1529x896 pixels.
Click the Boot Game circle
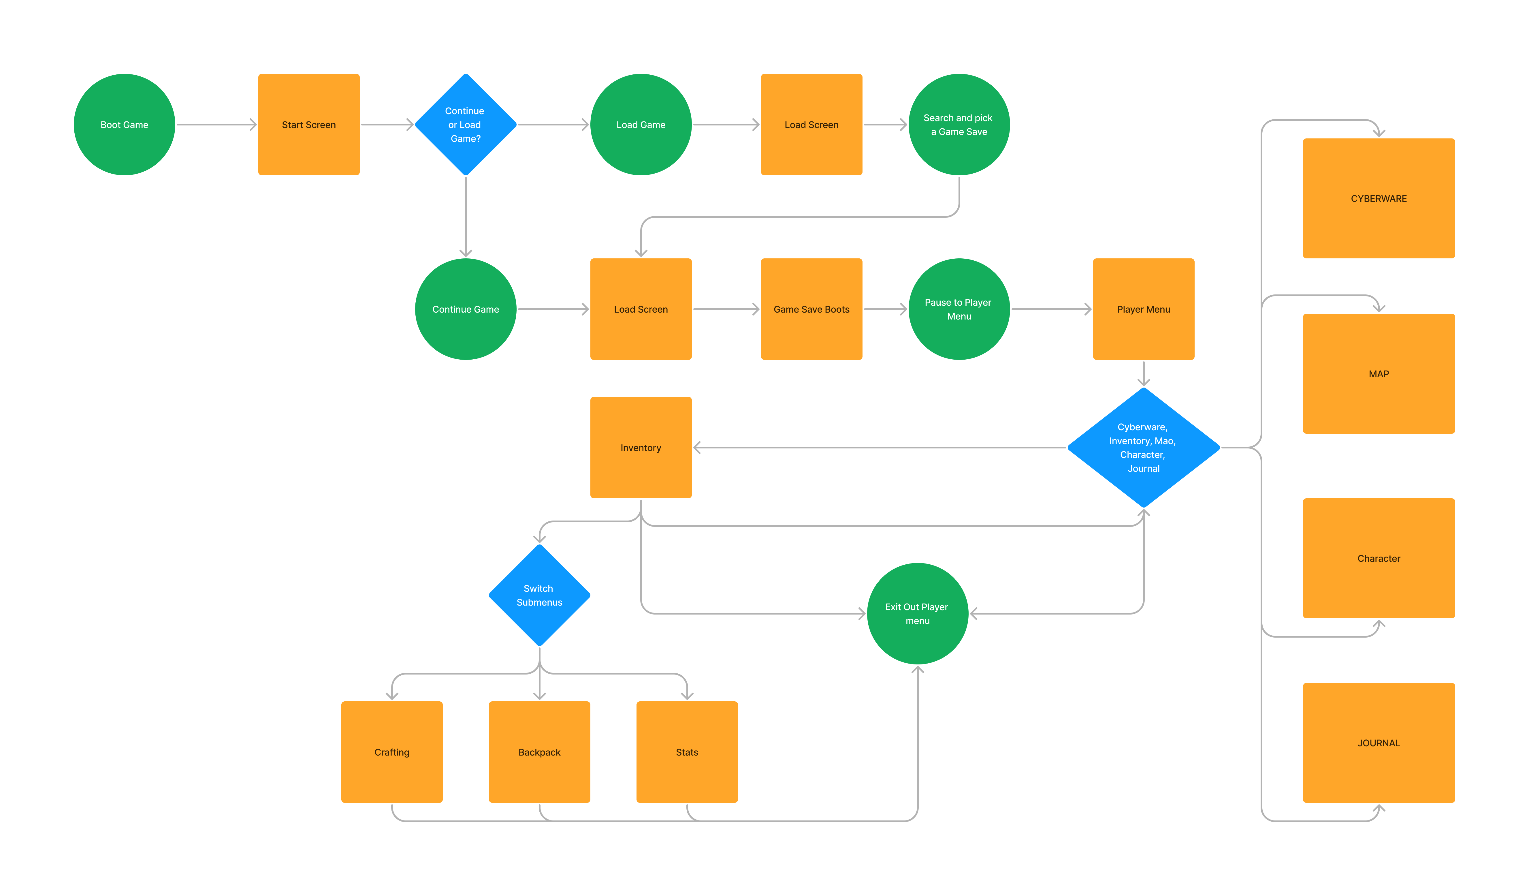point(124,125)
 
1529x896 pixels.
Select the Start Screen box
point(309,125)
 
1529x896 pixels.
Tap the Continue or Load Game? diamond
point(465,125)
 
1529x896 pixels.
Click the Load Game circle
point(641,125)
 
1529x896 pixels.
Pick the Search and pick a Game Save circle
point(959,125)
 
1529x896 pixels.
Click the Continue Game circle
point(465,309)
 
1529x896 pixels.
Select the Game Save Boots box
point(811,309)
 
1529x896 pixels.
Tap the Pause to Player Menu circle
point(959,309)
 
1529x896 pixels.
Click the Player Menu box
point(1143,309)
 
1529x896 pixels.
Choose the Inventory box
point(641,447)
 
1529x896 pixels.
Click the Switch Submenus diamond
point(539,595)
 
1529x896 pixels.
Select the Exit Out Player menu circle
point(917,613)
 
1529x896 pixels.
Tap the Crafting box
point(392,752)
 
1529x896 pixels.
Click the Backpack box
point(539,752)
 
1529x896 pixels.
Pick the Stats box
point(687,752)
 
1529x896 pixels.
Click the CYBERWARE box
point(1379,198)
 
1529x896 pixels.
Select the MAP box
point(1379,373)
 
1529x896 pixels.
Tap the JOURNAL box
point(1379,742)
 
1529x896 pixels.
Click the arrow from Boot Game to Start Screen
point(216,125)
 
